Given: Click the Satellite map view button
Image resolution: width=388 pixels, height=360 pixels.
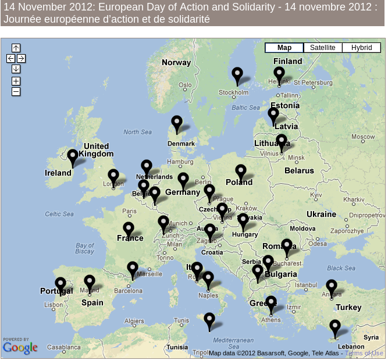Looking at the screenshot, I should point(322,48).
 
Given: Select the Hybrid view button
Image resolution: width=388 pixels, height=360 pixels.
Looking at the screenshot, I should point(361,48).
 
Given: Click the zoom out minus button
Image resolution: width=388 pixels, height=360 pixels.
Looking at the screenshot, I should point(16,91).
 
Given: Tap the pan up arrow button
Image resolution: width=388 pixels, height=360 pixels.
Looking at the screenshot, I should point(16,48).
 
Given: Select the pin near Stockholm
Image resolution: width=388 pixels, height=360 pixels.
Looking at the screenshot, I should point(237,75).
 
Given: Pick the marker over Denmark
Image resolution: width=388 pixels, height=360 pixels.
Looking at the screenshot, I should point(177,123).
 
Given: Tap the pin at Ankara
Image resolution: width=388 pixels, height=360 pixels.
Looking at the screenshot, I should point(332,287).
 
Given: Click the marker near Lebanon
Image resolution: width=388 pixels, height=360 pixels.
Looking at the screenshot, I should point(335,327).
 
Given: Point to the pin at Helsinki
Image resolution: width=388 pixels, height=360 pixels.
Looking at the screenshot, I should point(279,74).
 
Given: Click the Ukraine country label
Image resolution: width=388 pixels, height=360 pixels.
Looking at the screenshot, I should point(321,214).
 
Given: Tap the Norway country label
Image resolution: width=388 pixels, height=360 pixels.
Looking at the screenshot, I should point(176,63).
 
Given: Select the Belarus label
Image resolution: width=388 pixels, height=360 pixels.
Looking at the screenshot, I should point(299,171).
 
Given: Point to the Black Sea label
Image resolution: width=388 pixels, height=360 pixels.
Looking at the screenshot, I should point(341,268).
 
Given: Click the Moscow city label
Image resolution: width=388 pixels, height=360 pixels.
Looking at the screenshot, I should point(367,137).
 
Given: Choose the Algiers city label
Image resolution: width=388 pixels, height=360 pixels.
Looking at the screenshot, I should point(134,321).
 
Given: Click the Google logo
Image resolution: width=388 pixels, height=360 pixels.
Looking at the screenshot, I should point(20,348).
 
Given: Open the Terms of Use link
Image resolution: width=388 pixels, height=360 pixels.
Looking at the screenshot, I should point(365,353).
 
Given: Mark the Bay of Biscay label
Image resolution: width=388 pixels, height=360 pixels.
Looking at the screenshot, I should point(84,248).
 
